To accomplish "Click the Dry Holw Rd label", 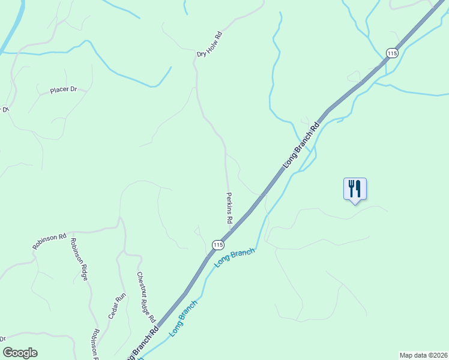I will (209, 45).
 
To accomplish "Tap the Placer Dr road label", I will (64, 90).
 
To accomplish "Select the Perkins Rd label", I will (229, 208).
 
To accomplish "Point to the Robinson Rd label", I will (49, 241).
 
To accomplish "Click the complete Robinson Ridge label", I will (79, 259).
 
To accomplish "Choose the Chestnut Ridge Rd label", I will (146, 296).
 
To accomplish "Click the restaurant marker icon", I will (355, 190).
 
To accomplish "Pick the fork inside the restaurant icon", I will (351, 188).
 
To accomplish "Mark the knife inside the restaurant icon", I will (358, 188).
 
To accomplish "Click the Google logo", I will (20, 353).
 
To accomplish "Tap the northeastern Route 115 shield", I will (392, 53).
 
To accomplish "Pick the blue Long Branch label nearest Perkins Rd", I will (234, 257).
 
